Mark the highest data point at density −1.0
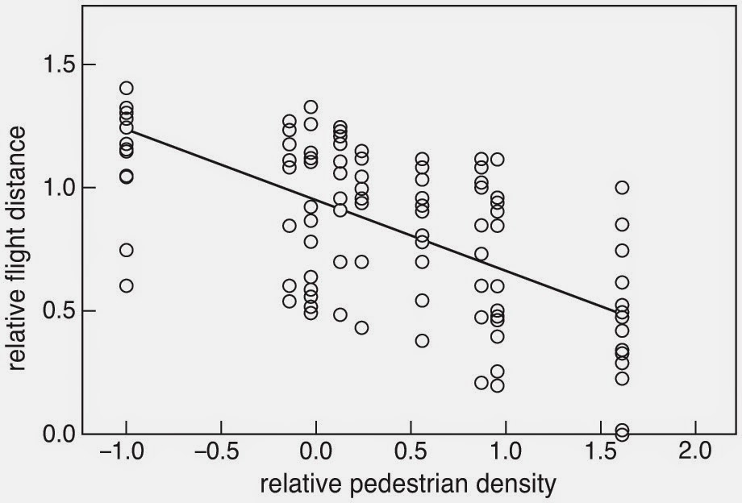tap(126, 88)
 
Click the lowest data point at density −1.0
tap(126, 285)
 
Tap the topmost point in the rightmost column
tap(622, 187)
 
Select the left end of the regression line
tap(126, 131)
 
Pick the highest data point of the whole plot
tap(126, 88)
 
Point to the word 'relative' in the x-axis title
tap(294, 484)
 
